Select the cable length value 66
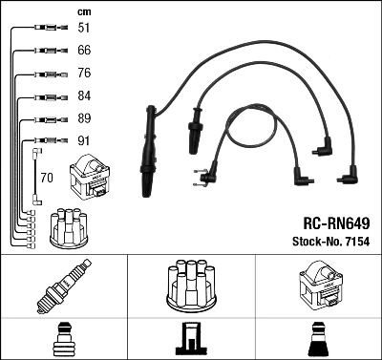(83, 51)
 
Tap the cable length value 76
(83, 74)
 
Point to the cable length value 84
(83, 96)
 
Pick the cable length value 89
(83, 119)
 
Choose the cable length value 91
(83, 142)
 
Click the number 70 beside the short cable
(47, 178)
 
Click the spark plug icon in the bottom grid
(62, 286)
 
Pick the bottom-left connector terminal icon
(62, 337)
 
